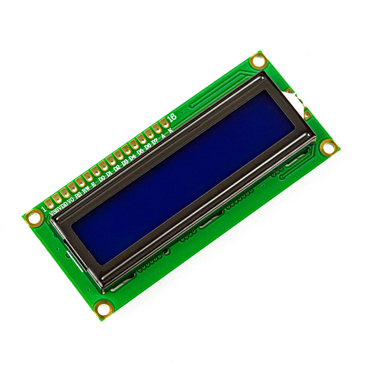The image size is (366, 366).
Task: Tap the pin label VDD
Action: click(x=63, y=205)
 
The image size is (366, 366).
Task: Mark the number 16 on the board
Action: click(x=171, y=117)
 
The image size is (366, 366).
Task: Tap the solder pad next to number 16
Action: click(x=164, y=123)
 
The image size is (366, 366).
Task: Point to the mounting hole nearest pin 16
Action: click(x=258, y=60)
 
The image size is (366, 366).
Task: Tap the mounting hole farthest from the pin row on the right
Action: click(x=328, y=147)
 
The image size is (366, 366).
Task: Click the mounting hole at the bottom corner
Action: click(x=103, y=309)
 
